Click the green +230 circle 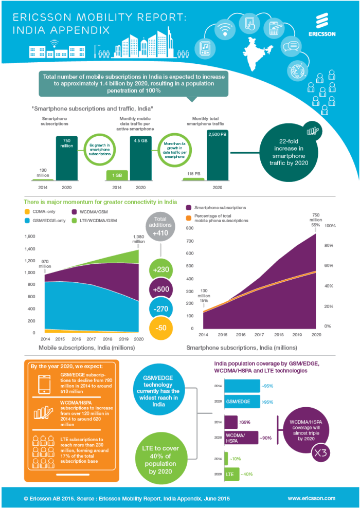point(161,270)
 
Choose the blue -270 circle point(161,310)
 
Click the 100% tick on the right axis point(330,226)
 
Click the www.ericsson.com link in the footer point(311,498)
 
